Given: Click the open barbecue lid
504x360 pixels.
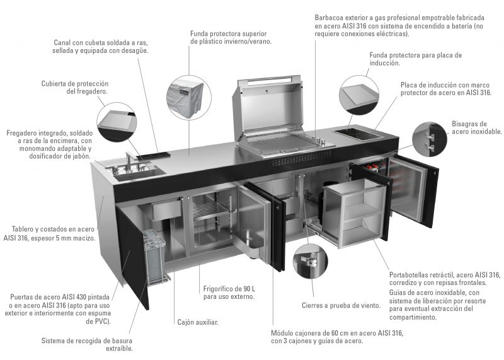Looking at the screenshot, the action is coord(267,103).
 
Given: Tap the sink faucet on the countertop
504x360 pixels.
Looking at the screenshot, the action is coord(130,161).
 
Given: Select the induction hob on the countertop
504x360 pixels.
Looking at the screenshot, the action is coord(358,134).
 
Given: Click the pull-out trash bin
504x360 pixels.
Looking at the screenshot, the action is coord(155,257).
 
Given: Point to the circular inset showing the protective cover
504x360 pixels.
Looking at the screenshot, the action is coord(188,98).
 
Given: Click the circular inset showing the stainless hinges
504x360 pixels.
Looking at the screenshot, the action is coord(430,139).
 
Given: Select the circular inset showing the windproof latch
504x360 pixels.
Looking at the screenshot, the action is coord(310,261).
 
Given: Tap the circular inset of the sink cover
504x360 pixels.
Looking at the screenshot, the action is coord(117,122).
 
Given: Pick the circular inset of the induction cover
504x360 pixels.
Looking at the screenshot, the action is coord(359,95).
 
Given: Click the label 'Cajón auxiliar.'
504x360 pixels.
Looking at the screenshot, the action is coord(198,322).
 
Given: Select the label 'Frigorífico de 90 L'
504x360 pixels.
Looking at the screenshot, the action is coord(229,289).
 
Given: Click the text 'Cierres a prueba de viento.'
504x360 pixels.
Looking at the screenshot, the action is coord(341,305).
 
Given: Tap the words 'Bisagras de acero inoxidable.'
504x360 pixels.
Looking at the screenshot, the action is coord(477,127).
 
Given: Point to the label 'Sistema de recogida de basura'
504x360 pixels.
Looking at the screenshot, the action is coord(87,340).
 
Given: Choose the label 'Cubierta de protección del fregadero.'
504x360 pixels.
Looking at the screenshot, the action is coord(75,88).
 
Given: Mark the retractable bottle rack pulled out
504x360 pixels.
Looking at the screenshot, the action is coord(354,212).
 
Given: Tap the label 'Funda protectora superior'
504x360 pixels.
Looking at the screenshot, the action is coord(229,33).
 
